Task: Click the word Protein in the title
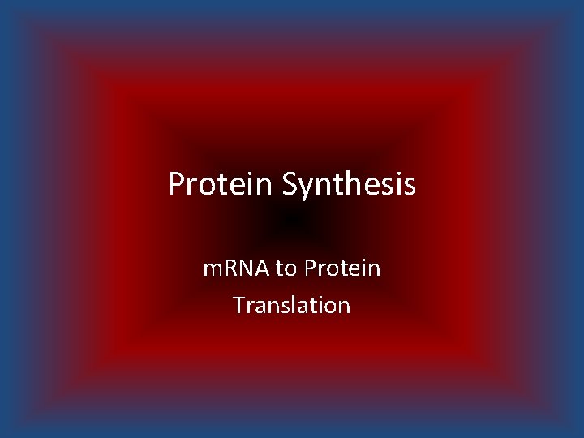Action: point(221,185)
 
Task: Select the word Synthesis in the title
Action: point(350,185)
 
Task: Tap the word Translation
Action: point(291,306)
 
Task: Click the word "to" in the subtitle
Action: point(286,268)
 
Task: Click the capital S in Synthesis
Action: point(290,185)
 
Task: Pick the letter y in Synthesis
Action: point(308,188)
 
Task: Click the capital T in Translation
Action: point(238,306)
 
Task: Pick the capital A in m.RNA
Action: point(264,268)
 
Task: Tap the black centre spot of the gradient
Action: point(294,219)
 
